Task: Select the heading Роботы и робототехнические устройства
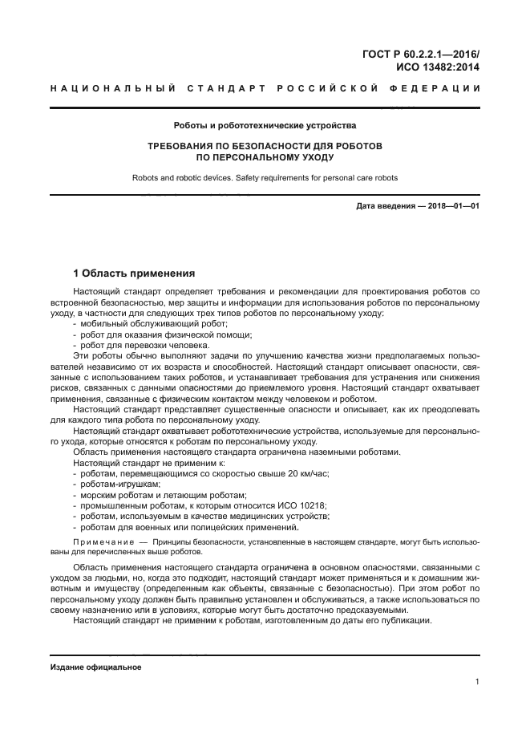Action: (265, 125)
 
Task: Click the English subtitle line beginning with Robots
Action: (265, 177)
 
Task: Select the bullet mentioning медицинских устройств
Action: (204, 517)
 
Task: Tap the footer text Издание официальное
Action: (95, 667)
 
